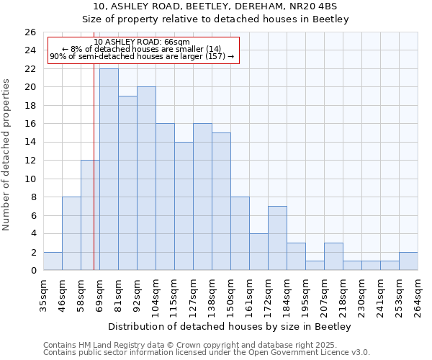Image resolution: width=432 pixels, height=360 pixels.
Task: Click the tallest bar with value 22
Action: [x=109, y=169]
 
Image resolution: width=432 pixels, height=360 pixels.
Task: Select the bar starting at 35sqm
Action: [x=53, y=261]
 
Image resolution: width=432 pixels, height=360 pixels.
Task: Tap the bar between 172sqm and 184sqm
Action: [x=277, y=238]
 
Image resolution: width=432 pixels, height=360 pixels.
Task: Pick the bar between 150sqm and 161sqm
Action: [x=240, y=233]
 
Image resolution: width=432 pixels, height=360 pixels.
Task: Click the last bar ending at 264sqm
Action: [x=408, y=261]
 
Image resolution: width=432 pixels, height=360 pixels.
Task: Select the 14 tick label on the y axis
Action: [x=30, y=143]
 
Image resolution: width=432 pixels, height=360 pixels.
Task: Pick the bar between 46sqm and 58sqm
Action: [x=71, y=233]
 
